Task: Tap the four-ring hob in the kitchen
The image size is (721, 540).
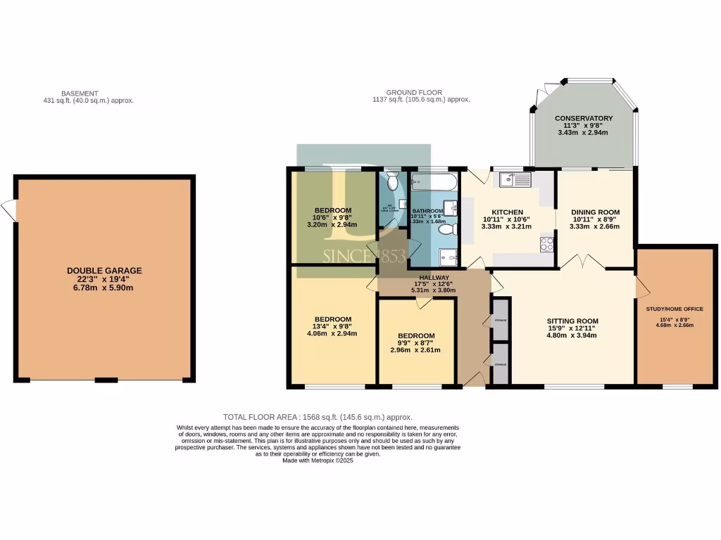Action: (x=546, y=245)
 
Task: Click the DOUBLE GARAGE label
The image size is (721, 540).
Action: (x=104, y=270)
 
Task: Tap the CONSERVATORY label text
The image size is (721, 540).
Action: (x=583, y=118)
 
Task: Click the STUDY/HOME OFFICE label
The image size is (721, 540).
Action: (x=675, y=309)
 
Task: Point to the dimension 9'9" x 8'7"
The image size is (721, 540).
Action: (x=415, y=342)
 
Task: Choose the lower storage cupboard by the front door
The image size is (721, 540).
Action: (x=501, y=364)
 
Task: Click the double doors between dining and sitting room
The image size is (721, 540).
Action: (x=584, y=264)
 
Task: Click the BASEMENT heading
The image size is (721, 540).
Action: (x=80, y=93)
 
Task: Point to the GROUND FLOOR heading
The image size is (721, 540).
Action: (x=413, y=92)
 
